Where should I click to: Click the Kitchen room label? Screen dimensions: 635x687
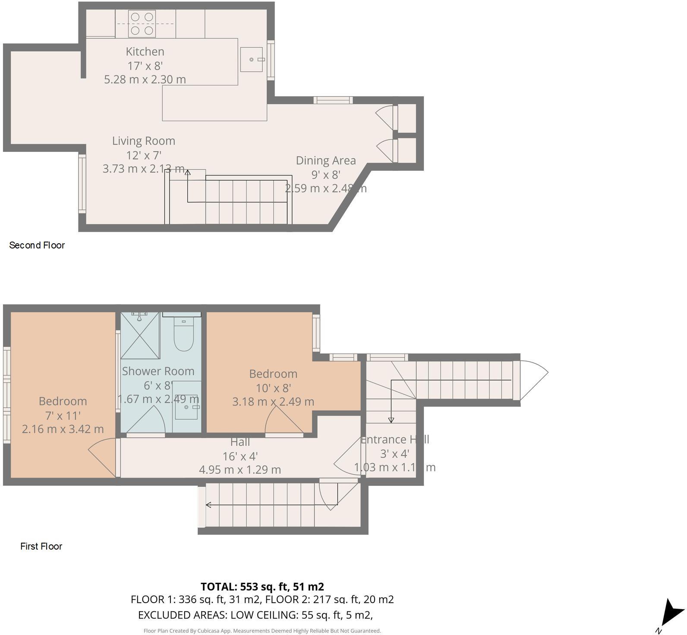(145, 52)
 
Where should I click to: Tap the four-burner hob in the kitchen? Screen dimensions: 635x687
(142, 24)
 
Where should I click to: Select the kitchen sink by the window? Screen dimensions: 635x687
(252, 60)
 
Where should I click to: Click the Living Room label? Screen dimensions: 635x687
(144, 141)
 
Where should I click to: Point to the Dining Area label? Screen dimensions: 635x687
(326, 160)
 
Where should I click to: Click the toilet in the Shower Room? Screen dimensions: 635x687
(184, 334)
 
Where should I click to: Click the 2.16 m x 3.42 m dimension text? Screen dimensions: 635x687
(63, 429)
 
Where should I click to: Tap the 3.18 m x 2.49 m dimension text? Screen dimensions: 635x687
(273, 402)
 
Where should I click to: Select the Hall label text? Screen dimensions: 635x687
(240, 442)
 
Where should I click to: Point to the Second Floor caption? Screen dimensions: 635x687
(37, 245)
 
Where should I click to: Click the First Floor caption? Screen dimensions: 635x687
(41, 547)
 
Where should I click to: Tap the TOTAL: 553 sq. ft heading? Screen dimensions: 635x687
(262, 587)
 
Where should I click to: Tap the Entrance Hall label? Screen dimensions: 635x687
(394, 440)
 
